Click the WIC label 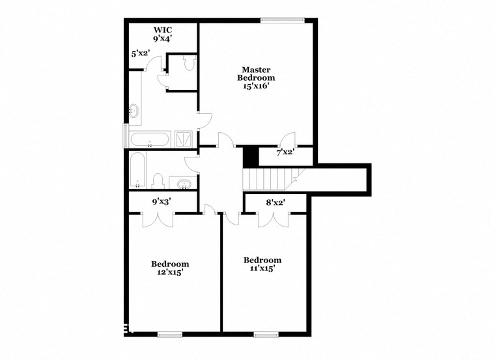pyautogui.click(x=162, y=29)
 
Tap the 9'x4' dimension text pyautogui.click(x=162, y=38)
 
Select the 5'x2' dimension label pyautogui.click(x=141, y=54)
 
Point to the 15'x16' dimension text pyautogui.click(x=256, y=86)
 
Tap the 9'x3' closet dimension pyautogui.click(x=162, y=202)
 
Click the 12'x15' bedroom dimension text pyautogui.click(x=170, y=273)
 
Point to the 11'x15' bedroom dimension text pyautogui.click(x=263, y=268)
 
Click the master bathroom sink pyautogui.click(x=135, y=111)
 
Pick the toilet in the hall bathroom pyautogui.click(x=158, y=180)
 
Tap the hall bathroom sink pyautogui.click(x=184, y=183)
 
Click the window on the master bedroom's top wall pyautogui.click(x=283, y=20)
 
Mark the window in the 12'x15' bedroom pyautogui.click(x=169, y=335)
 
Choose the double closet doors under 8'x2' pyautogui.click(x=274, y=219)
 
